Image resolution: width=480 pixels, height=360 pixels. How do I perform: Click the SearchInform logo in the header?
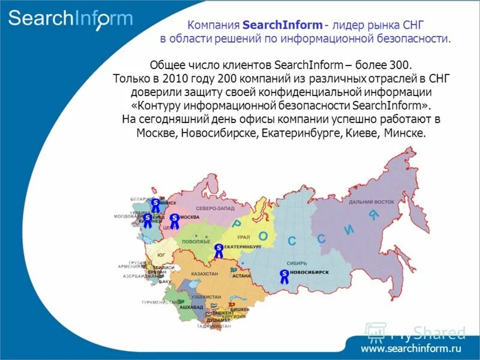70,19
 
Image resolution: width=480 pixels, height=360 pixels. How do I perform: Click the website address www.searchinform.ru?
411,348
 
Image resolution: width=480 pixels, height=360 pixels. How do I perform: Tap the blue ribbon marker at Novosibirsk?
283,276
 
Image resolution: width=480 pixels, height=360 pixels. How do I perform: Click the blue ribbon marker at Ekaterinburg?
218,250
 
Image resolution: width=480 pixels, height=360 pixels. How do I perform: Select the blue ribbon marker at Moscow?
174,221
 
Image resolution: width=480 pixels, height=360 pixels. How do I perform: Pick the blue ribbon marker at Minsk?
155,205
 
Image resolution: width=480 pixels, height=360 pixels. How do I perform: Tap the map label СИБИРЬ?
297,263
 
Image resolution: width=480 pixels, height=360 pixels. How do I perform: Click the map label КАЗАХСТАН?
204,274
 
